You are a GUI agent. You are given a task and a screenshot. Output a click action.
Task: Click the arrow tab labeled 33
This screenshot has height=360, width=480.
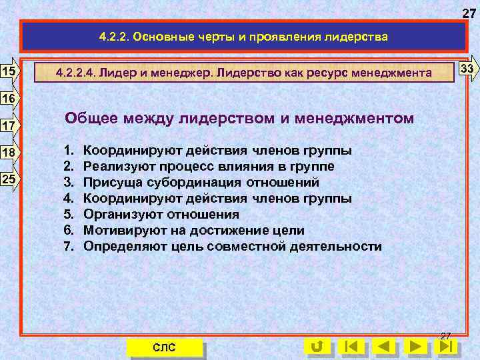tap(467, 69)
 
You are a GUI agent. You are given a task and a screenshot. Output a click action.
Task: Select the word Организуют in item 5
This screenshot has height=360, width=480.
tap(130, 214)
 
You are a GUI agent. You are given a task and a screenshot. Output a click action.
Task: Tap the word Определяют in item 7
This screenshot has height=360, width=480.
tap(131, 246)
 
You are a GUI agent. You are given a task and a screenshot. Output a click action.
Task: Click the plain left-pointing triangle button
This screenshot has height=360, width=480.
tap(384, 347)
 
